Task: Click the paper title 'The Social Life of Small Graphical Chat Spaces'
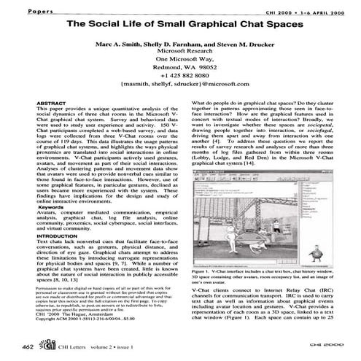(x=180, y=24)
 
